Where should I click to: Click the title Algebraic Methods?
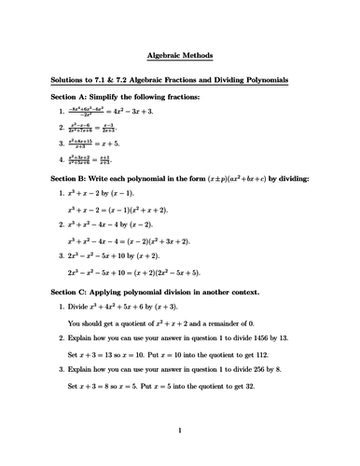(180, 56)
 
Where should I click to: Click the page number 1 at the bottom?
(179, 431)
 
